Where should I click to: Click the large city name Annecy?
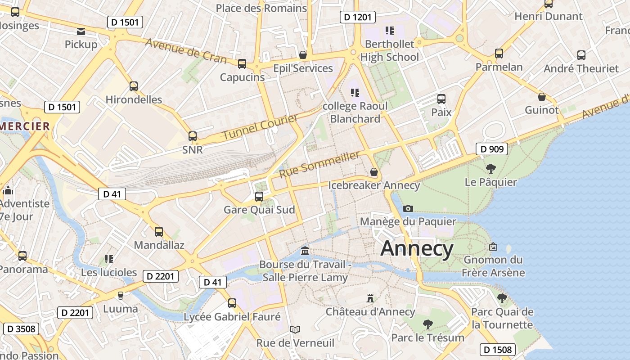click(x=417, y=249)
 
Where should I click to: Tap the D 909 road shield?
click(x=492, y=149)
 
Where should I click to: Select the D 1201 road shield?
click(x=357, y=17)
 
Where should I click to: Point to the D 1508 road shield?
click(x=497, y=350)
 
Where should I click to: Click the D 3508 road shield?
click(x=21, y=329)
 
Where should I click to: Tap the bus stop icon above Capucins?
click(x=242, y=64)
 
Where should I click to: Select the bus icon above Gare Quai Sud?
click(x=259, y=197)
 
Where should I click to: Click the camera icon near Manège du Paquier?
click(x=408, y=208)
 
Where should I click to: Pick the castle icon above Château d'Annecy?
click(x=370, y=298)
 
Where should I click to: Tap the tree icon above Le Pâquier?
click(x=490, y=169)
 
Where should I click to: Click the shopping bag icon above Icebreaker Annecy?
click(x=373, y=172)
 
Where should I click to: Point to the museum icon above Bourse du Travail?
click(x=305, y=251)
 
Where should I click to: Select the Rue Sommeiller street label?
click(x=319, y=164)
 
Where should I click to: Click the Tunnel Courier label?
click(x=260, y=127)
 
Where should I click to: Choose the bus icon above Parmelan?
click(x=499, y=54)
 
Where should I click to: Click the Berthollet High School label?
click(x=389, y=50)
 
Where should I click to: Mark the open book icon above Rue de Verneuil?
click(x=295, y=330)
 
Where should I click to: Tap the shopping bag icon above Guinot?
click(x=542, y=97)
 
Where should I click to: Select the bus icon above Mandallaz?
click(x=159, y=232)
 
